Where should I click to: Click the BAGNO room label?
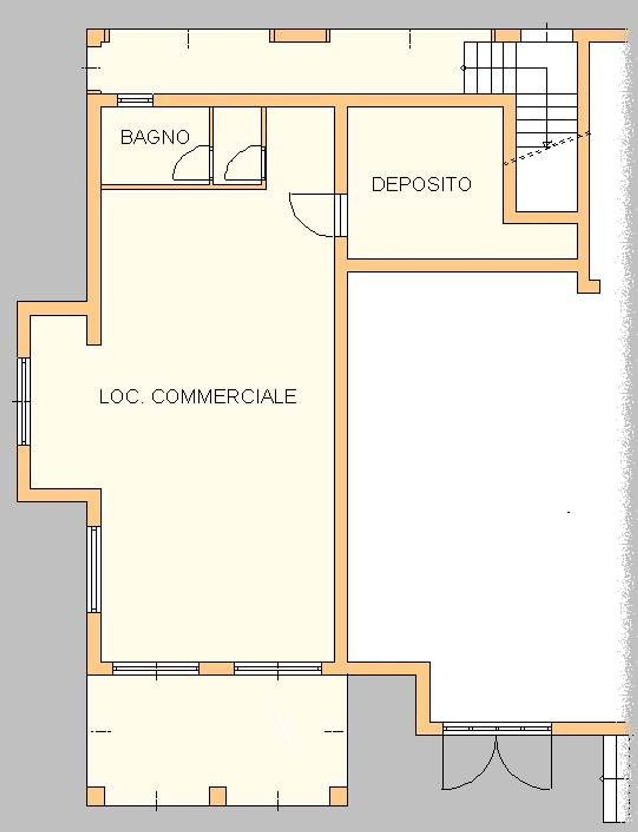(155, 137)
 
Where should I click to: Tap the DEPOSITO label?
(422, 184)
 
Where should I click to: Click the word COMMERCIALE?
(224, 397)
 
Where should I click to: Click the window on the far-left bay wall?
(24, 401)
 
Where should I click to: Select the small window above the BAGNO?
(135, 100)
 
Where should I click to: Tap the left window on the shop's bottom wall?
(156, 668)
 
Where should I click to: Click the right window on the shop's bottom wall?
(278, 668)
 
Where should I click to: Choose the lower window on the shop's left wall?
(94, 569)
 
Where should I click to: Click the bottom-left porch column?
(96, 796)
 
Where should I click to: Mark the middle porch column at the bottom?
(218, 796)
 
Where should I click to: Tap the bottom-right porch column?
(339, 796)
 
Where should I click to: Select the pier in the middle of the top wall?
(300, 35)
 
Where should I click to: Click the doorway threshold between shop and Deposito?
(341, 216)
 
